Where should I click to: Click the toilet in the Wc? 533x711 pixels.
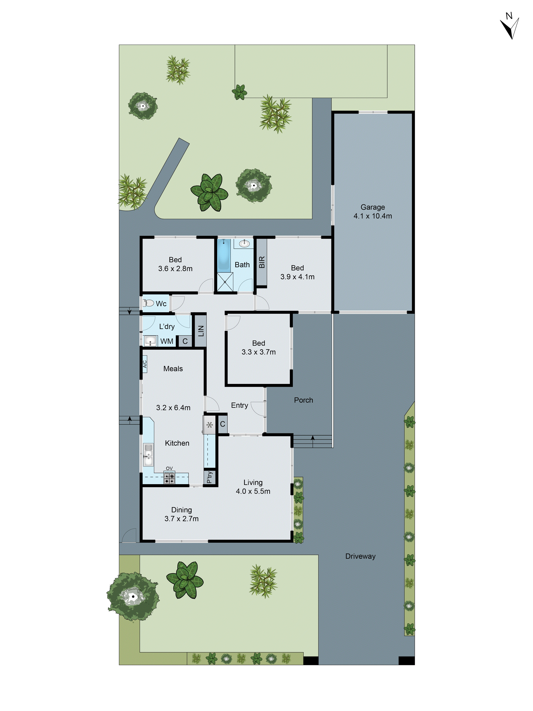(x=149, y=303)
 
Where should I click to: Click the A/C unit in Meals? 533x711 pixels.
(x=145, y=364)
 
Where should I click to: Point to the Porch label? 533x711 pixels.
(x=303, y=400)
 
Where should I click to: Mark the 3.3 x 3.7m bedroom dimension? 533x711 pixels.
(x=259, y=352)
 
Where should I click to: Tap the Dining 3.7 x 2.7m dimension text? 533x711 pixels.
(x=182, y=518)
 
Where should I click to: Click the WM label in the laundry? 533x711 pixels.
(x=167, y=341)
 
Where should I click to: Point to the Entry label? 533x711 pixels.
(x=239, y=405)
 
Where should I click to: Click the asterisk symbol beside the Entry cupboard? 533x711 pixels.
(x=209, y=425)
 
